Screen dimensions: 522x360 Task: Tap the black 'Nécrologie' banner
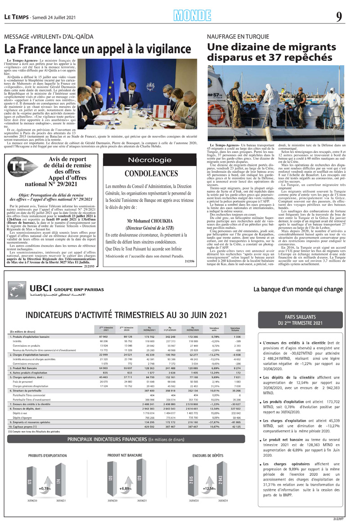pos(149,160)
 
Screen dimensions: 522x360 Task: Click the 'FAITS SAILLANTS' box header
pos(300,320)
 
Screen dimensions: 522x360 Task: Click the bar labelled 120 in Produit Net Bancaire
pos(110,480)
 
